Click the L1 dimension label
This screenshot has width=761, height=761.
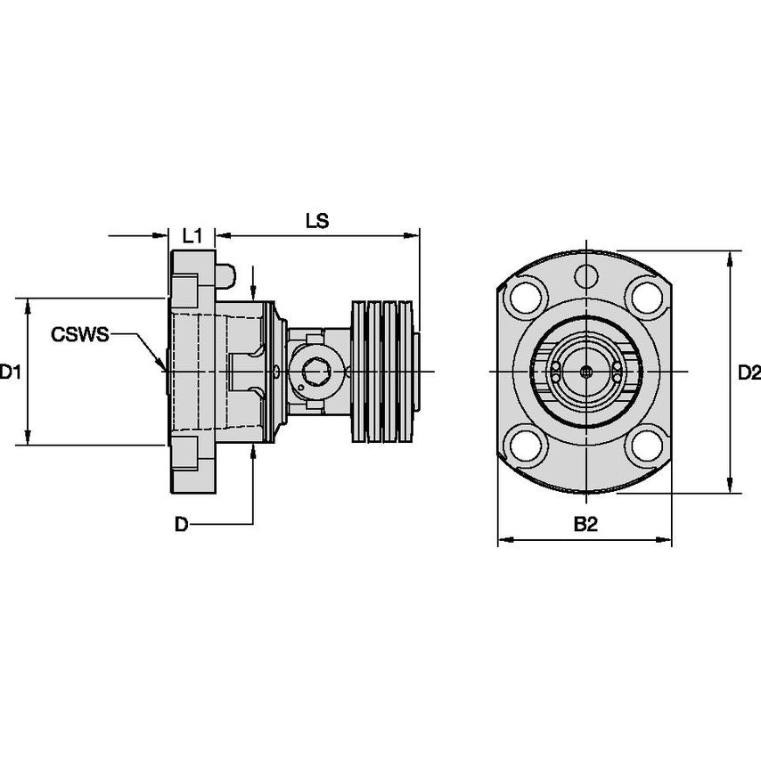192,236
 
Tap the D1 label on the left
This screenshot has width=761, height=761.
10,372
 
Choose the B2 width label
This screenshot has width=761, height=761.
585,525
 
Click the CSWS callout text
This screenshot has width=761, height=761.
79,335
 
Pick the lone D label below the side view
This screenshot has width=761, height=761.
181,525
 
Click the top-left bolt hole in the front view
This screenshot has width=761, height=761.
528,293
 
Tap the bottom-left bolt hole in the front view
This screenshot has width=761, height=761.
528,446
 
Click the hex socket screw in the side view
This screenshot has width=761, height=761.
315,371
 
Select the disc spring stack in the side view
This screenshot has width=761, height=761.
385,371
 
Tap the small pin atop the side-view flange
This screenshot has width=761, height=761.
225,274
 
